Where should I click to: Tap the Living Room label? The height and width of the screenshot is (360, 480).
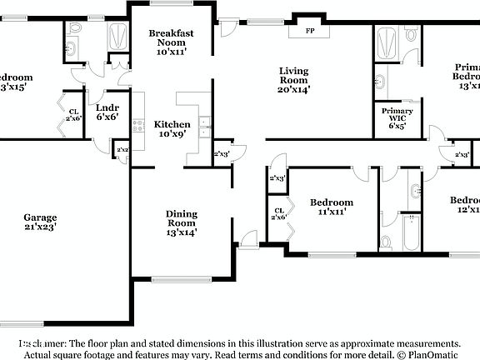point(293,82)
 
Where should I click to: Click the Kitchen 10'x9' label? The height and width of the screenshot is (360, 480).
point(172,129)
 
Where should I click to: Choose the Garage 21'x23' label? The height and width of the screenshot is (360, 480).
point(40,221)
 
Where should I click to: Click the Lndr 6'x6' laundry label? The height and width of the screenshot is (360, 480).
point(107,112)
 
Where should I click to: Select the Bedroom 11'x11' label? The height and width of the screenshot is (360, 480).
point(331,207)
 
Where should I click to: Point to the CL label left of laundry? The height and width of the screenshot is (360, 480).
point(73,115)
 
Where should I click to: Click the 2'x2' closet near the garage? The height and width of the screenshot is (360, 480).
point(122,150)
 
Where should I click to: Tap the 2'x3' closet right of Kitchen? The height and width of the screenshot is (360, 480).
point(222,154)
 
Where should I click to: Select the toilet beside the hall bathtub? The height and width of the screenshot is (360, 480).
point(387,242)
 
